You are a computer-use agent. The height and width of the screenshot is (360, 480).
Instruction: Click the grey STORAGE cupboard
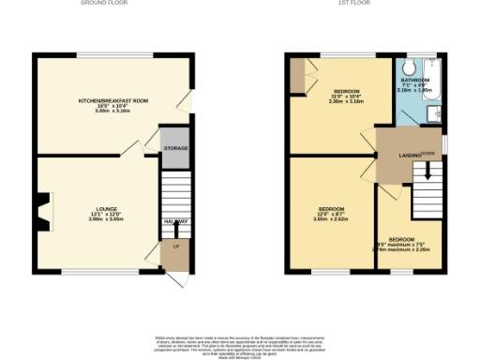click(x=175, y=148)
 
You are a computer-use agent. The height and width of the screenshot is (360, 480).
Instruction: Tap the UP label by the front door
click(x=175, y=246)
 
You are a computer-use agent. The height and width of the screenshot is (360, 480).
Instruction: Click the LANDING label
click(x=409, y=155)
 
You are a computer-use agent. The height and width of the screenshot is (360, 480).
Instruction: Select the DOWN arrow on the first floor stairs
click(x=427, y=171)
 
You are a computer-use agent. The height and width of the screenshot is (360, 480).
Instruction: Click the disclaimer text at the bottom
click(x=239, y=342)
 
